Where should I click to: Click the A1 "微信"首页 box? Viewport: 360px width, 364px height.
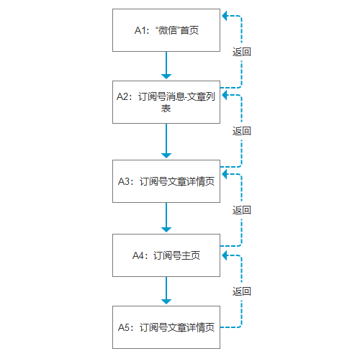point(166,30)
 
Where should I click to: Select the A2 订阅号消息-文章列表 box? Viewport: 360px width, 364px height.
point(166,102)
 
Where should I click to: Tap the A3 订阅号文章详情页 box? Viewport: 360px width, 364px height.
point(166,181)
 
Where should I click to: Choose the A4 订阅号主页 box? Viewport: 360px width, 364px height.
point(166,255)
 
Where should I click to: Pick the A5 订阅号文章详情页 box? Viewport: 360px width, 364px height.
point(166,327)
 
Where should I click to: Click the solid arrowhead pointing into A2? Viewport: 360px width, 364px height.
point(166,76)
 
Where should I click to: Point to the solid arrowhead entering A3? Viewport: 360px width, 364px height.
point(166,155)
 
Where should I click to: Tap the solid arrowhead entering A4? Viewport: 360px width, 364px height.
point(166,229)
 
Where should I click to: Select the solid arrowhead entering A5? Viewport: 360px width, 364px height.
point(166,301)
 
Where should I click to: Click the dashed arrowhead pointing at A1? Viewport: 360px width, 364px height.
point(225,16)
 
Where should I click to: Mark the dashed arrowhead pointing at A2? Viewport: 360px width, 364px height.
point(225,95)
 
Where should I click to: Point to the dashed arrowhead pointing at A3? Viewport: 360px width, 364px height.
point(225,174)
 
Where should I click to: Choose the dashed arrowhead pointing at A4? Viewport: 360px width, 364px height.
point(225,255)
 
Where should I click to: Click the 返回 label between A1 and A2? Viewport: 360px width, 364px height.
point(241,52)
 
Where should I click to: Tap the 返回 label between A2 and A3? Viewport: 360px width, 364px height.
point(241,131)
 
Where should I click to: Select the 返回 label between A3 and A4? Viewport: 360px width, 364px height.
point(241,210)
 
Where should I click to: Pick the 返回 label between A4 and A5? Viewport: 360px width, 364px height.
point(241,291)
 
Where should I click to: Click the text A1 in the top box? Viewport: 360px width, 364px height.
point(140,30)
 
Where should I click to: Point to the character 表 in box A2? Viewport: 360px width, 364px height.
point(166,109)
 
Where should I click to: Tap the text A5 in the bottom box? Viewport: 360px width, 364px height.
point(124,327)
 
